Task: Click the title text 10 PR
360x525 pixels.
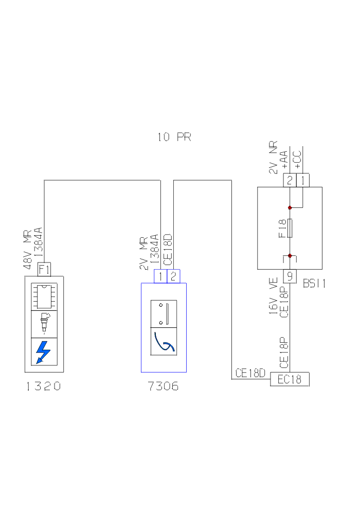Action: [174, 137]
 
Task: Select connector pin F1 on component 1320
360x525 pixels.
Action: [44, 269]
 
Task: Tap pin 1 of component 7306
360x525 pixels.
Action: [161, 276]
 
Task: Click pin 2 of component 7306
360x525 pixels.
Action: [174, 276]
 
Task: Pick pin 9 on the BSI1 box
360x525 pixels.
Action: [290, 276]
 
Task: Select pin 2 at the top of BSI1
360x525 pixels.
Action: [290, 180]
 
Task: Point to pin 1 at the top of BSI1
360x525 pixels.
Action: [303, 180]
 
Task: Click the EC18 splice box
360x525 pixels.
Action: [290, 380]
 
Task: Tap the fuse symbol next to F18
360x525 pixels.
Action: [290, 228]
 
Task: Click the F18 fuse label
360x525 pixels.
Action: [282, 228]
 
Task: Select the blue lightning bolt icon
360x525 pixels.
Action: [44, 352]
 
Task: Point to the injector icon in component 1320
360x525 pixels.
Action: [44, 324]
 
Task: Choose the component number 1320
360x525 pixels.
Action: [44, 387]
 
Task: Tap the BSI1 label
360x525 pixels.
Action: [315, 284]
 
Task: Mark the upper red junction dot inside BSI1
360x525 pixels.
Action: [290, 208]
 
